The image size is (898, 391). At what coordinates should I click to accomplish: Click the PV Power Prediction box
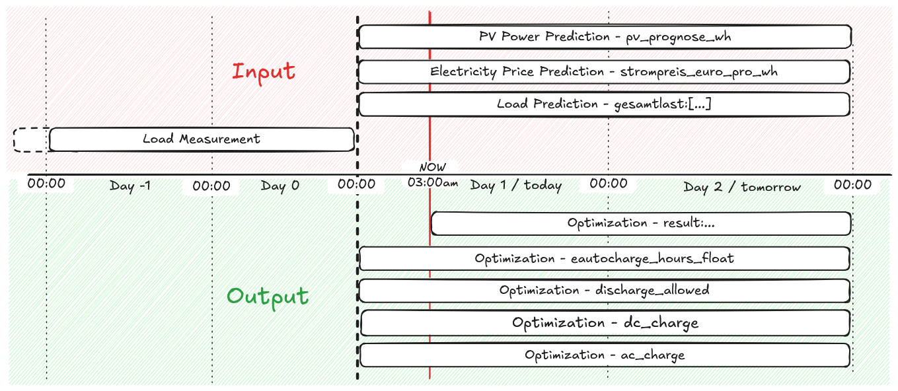(605, 37)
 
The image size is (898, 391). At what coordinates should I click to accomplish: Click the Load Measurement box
(202, 139)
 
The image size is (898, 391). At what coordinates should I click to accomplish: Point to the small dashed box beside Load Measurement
(30, 140)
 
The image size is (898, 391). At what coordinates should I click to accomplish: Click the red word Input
(263, 71)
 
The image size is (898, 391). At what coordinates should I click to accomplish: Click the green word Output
(268, 296)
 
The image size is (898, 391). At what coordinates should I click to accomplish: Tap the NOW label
(433, 168)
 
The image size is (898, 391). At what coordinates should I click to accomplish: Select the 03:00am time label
(433, 183)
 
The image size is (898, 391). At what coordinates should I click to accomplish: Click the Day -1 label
(130, 186)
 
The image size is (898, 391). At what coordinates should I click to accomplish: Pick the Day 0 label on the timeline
(280, 186)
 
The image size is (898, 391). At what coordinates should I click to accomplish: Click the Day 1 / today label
(516, 186)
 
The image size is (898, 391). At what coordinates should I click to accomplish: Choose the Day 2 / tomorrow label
(742, 187)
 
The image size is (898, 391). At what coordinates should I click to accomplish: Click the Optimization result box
(640, 223)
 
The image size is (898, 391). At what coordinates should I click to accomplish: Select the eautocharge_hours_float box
(604, 258)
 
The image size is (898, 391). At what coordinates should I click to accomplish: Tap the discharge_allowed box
(604, 291)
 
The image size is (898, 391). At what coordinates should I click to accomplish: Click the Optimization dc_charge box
(605, 323)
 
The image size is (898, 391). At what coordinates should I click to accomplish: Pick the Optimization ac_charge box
(605, 355)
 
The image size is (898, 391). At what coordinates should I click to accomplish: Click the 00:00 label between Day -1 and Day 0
(211, 186)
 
